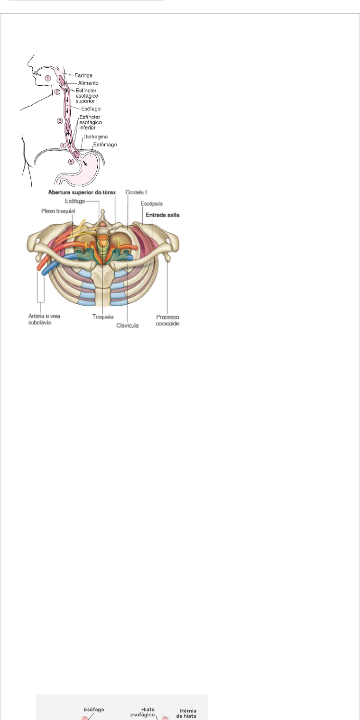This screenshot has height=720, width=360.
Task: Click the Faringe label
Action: pos(83,75)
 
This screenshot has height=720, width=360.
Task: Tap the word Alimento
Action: pos(88,83)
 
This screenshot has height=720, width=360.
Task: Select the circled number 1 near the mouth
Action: pos(47,78)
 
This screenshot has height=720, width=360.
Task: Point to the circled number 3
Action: pos(60,121)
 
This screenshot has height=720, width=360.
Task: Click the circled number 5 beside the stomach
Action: pos(71,162)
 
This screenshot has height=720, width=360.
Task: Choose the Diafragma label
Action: pos(95,137)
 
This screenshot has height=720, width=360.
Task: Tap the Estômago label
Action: pos(105,145)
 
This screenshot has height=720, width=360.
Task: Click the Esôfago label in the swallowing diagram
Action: pos(91,109)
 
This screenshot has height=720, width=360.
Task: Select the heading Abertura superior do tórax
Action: pos(82,192)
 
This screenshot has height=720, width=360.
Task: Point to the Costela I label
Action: pos(136,192)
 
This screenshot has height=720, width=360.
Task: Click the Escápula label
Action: pos(151,204)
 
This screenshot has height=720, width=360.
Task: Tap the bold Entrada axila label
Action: pos(163,215)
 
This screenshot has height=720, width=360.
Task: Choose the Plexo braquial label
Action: pos(58,211)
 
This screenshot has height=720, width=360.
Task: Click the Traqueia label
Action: pos(103,317)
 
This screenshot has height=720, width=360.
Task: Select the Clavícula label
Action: pos(128,326)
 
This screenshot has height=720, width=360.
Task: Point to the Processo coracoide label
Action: pos(167,320)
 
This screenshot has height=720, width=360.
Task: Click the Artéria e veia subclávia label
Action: pos(44,319)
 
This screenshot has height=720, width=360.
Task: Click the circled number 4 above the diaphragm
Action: pos(64,146)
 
